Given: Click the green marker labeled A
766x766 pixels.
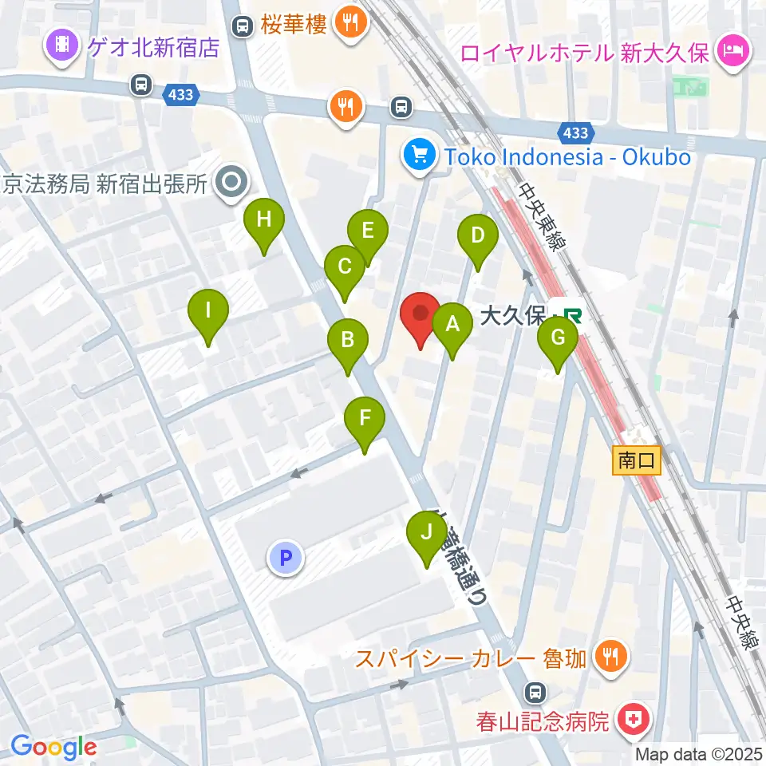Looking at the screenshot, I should coord(452,325).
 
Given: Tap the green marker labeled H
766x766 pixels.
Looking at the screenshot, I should coord(264,219).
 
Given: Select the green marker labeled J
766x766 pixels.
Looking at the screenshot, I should coord(427,532).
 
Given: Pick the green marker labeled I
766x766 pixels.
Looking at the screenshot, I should coord(208,310).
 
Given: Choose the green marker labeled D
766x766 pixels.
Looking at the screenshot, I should coord(478,236).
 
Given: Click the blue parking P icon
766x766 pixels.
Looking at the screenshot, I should coord(286,557).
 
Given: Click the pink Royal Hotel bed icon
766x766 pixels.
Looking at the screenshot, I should coord(732,53).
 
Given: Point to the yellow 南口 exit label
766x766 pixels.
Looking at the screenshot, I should coord(638,460).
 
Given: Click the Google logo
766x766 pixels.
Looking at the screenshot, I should coord(53,748).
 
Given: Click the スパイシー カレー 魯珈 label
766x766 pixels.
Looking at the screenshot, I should coord(471,658).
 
